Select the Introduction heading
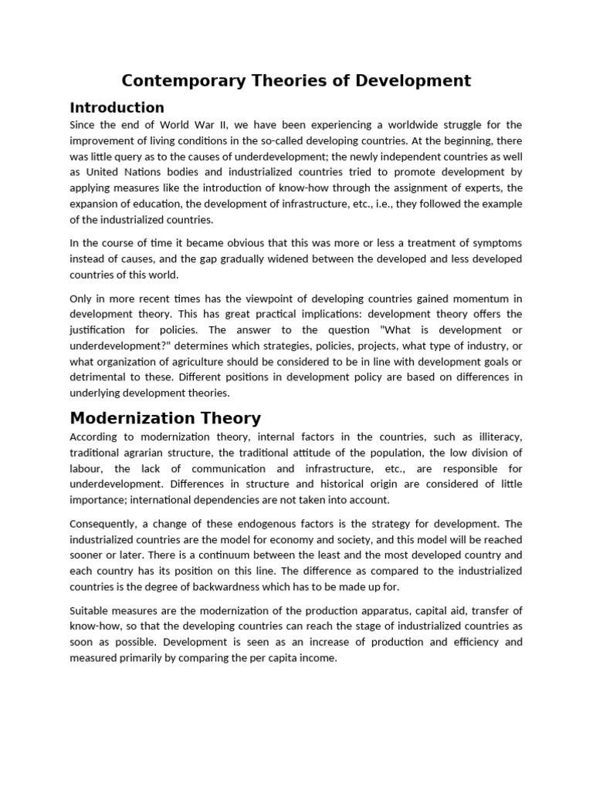point(117,107)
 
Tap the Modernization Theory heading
point(165,418)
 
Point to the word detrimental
point(100,377)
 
